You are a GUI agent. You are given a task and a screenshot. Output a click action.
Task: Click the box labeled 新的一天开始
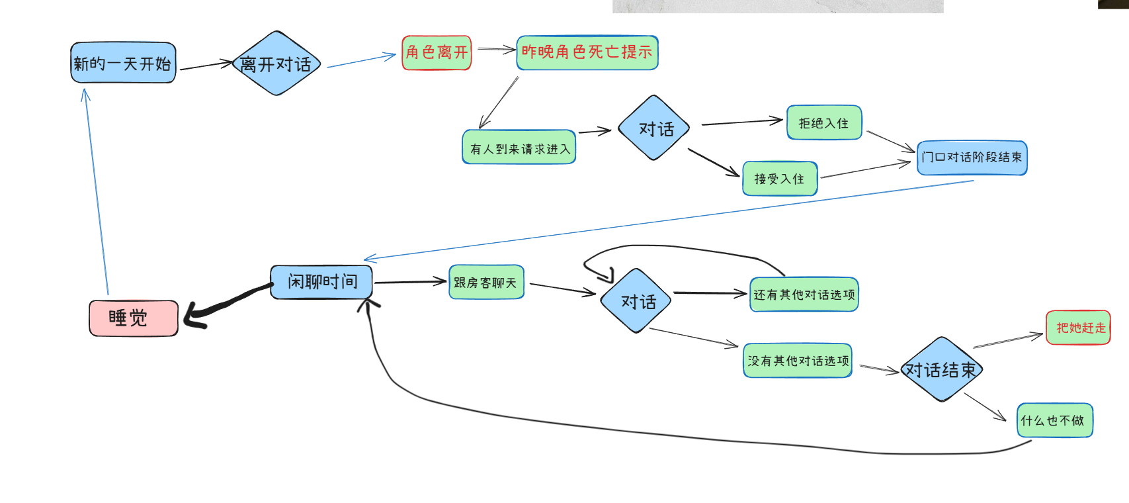point(123,63)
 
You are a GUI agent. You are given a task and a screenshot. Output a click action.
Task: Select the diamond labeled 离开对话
point(276,64)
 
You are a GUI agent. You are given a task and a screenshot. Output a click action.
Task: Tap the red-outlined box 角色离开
point(437,52)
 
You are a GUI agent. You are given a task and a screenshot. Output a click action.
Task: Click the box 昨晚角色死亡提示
point(587,52)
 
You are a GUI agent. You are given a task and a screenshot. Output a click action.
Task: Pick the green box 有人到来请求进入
point(519,147)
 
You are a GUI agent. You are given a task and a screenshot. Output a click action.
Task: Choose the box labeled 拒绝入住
point(823,122)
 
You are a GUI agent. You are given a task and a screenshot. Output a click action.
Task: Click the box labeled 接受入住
point(780,179)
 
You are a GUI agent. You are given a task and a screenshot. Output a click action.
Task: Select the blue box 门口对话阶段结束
point(972,158)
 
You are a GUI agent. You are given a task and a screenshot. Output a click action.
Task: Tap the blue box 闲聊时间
point(321,282)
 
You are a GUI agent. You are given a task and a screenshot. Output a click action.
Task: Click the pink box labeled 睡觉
point(134,318)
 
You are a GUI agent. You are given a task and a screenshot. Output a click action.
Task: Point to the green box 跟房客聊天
point(486,283)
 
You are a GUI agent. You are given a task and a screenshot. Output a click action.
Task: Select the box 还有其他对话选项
point(804,295)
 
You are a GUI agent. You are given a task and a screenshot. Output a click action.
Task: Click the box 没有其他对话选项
point(798,361)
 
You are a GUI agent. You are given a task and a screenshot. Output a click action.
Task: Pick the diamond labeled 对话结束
point(941,369)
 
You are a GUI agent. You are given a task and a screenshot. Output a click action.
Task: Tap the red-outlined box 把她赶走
point(1078,328)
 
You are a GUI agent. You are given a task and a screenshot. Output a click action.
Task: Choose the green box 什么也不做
point(1054,420)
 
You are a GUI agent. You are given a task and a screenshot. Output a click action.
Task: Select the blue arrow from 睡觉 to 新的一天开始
point(97,192)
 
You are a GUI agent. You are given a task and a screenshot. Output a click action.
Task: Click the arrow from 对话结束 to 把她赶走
point(1007,341)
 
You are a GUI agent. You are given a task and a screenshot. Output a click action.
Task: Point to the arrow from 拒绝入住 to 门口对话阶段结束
point(890,141)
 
